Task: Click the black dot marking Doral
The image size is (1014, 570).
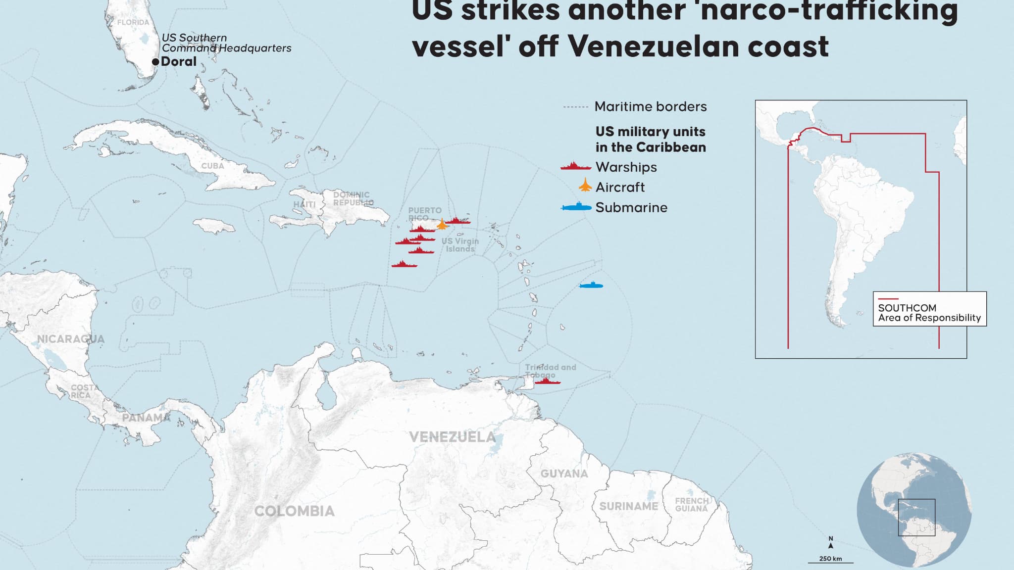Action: [155, 62]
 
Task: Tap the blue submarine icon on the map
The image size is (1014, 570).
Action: [591, 285]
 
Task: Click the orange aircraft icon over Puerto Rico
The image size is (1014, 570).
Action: [442, 225]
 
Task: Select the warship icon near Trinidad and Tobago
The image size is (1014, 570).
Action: [547, 381]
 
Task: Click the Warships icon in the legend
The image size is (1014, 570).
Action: [575, 166]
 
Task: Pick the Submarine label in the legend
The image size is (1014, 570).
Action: [631, 207]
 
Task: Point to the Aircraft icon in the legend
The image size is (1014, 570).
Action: [585, 186]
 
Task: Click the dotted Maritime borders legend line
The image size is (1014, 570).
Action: [575, 107]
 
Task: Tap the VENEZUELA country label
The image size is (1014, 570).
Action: [452, 437]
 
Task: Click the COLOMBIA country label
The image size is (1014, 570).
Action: [295, 511]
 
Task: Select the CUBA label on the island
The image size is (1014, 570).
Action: [212, 166]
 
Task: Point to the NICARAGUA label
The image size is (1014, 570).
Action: [71, 339]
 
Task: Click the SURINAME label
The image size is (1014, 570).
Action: [629, 506]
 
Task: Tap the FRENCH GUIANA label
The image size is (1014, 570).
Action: [692, 505]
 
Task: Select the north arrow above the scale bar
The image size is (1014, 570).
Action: [831, 544]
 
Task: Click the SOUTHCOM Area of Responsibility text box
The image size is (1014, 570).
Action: [929, 309]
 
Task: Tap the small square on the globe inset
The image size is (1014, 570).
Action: [916, 518]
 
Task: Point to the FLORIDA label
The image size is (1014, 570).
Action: [133, 22]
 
